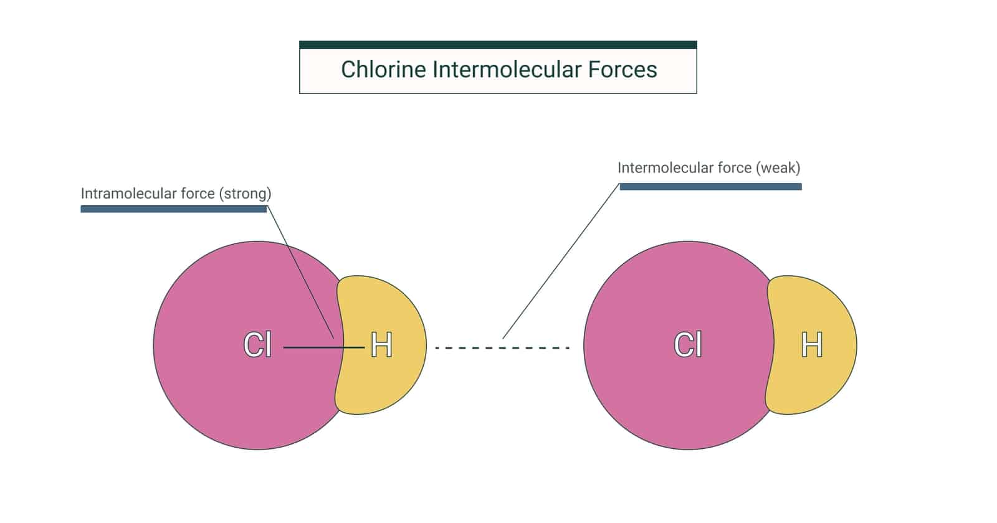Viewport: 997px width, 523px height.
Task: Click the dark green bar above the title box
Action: [498, 45]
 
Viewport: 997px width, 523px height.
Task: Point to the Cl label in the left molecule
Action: [257, 345]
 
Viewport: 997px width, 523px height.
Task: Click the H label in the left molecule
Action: [381, 345]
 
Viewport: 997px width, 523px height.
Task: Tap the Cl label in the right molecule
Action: [688, 345]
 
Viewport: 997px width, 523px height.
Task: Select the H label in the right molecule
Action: [811, 345]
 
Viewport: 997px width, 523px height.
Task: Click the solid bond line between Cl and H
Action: [312, 347]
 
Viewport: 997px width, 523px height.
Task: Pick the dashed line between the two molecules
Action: [502, 347]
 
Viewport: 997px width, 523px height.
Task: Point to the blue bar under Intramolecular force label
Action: [174, 209]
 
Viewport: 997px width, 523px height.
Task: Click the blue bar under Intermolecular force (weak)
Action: [710, 187]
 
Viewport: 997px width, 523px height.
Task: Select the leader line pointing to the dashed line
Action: [561, 261]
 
